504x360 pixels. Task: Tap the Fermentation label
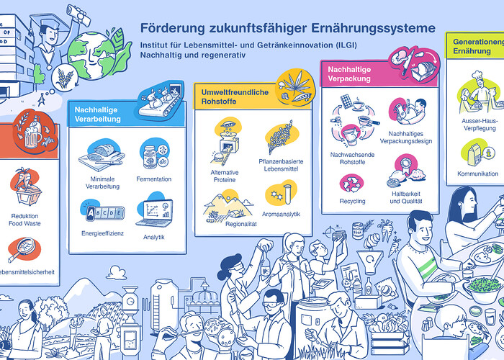click(x=153, y=178)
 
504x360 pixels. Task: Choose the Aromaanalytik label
click(x=281, y=214)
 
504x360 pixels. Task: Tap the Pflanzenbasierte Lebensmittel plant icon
click(x=280, y=138)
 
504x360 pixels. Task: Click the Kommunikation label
click(x=477, y=174)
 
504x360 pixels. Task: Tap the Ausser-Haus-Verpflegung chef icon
click(x=478, y=92)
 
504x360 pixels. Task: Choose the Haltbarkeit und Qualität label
click(x=405, y=197)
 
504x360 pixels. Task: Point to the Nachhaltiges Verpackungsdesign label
click(x=405, y=137)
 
